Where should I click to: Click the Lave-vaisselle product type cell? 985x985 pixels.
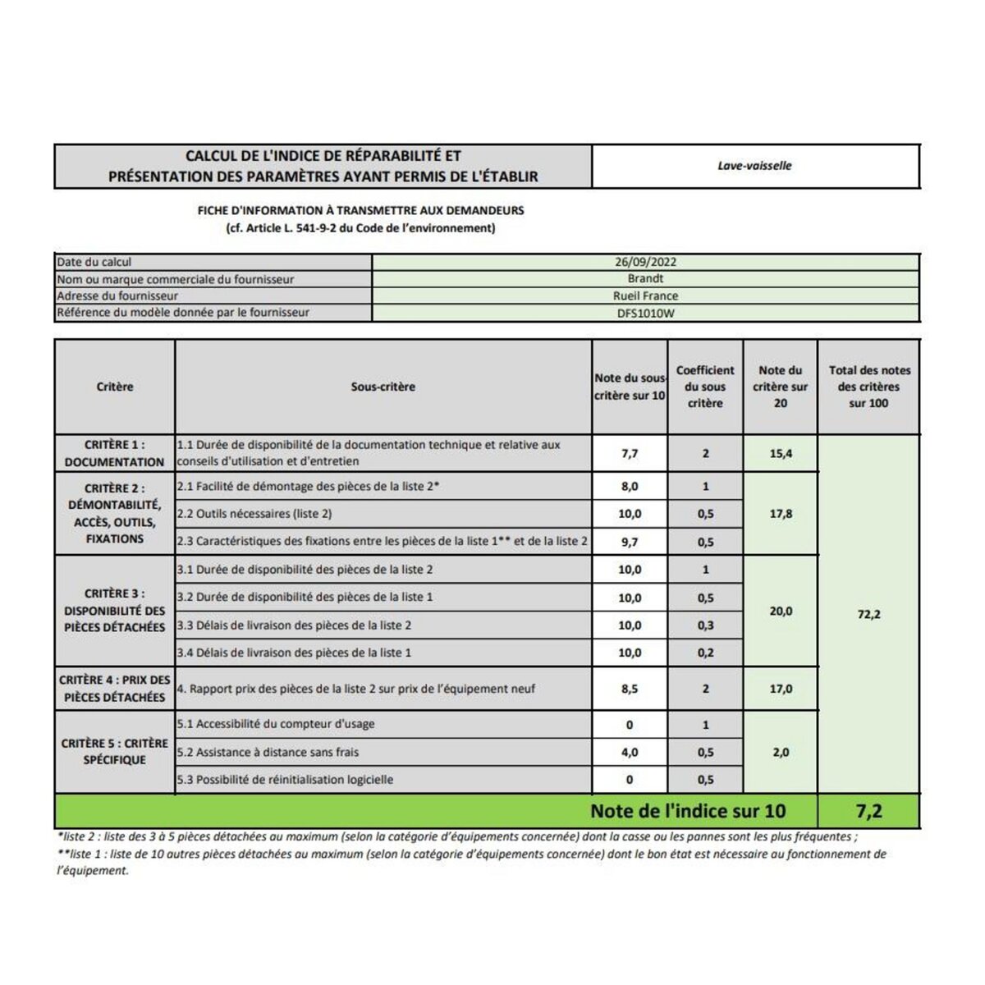(x=754, y=166)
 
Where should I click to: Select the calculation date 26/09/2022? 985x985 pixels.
(x=645, y=263)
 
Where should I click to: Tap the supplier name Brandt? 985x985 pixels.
(x=645, y=279)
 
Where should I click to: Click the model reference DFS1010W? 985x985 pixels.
(x=645, y=313)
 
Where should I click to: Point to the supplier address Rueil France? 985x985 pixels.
(x=645, y=296)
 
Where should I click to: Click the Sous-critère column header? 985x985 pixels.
(x=383, y=387)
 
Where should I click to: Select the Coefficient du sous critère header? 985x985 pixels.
(x=705, y=387)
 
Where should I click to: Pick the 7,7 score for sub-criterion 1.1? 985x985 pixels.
(x=630, y=454)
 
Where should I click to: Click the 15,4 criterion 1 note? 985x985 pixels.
(x=781, y=454)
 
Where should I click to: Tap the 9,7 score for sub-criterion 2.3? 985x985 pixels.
(x=630, y=542)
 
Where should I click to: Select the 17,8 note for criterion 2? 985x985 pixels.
(x=781, y=514)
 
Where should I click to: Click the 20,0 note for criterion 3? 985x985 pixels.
(x=781, y=612)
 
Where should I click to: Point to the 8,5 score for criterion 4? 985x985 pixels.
(x=630, y=689)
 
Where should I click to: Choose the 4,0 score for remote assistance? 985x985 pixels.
(x=630, y=753)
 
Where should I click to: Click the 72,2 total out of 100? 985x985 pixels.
(x=868, y=615)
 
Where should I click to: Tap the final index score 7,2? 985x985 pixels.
(x=868, y=812)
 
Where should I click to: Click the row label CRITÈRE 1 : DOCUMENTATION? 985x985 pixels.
(x=114, y=454)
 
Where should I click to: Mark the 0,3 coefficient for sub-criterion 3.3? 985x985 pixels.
(x=705, y=625)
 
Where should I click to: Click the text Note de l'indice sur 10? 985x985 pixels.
(x=688, y=812)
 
